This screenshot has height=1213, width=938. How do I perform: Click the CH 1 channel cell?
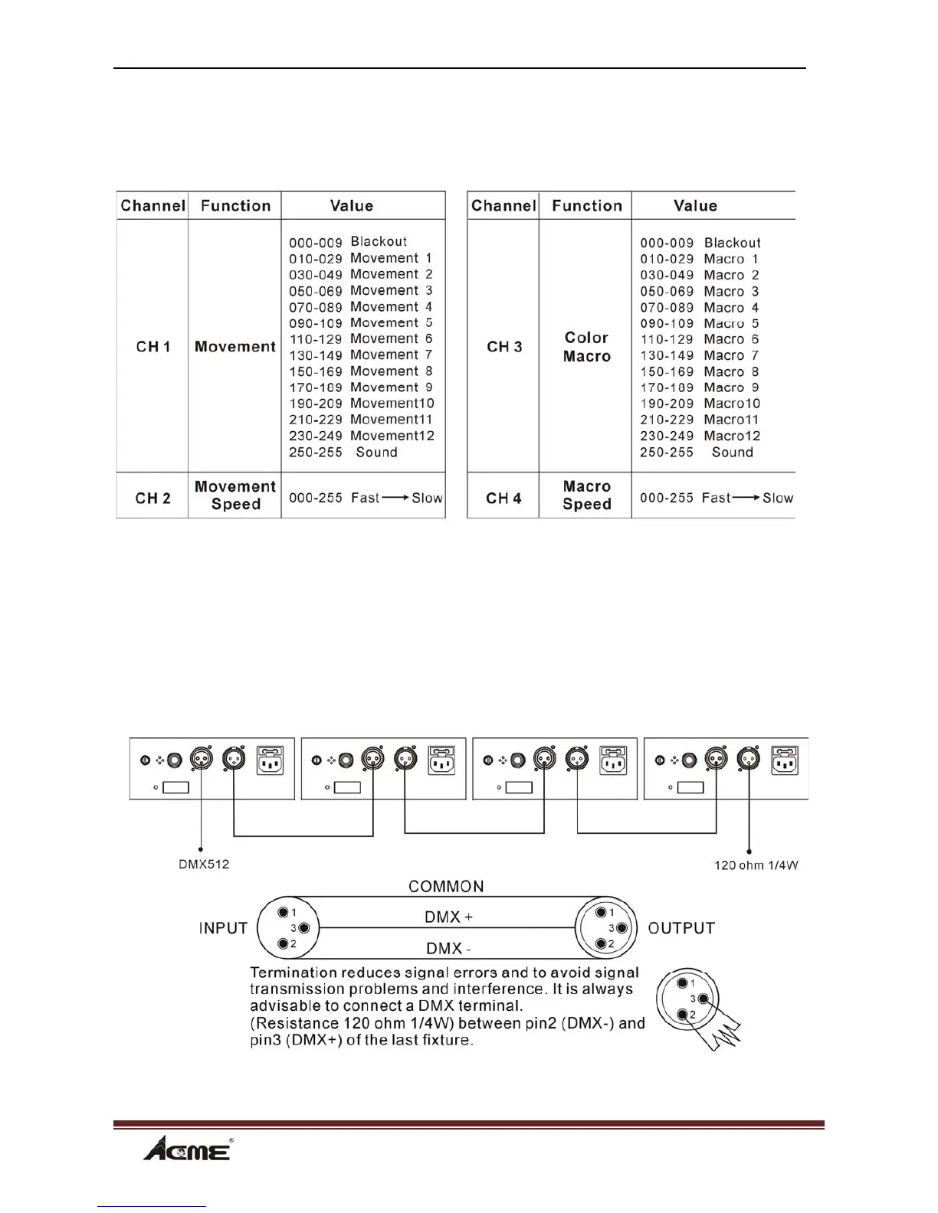click(x=153, y=347)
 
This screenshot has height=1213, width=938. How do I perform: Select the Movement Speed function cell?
click(x=235, y=495)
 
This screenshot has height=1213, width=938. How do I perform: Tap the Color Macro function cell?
click(x=586, y=347)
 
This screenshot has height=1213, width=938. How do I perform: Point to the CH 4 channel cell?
click(x=503, y=499)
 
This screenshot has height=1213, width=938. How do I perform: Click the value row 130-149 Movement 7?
click(x=360, y=355)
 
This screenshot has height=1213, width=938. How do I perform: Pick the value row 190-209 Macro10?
click(x=700, y=404)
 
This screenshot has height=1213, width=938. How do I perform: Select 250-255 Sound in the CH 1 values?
click(x=343, y=453)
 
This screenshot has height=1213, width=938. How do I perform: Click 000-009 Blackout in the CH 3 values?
click(x=700, y=243)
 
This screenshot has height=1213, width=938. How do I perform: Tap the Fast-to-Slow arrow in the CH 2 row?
click(x=395, y=498)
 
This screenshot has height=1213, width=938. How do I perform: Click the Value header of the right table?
click(x=695, y=206)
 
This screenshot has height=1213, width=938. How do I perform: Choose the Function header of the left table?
click(x=235, y=206)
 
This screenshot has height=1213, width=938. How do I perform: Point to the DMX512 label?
click(x=198, y=865)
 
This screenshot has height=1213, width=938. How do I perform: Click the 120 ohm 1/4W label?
click(x=756, y=865)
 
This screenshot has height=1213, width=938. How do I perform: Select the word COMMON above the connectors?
click(x=446, y=887)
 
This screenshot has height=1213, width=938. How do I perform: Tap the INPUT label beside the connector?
click(x=223, y=928)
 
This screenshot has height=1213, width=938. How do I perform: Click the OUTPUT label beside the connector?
click(x=681, y=928)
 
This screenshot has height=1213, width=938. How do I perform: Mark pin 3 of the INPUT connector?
click(x=304, y=928)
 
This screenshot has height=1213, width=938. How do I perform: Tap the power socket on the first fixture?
click(x=270, y=760)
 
